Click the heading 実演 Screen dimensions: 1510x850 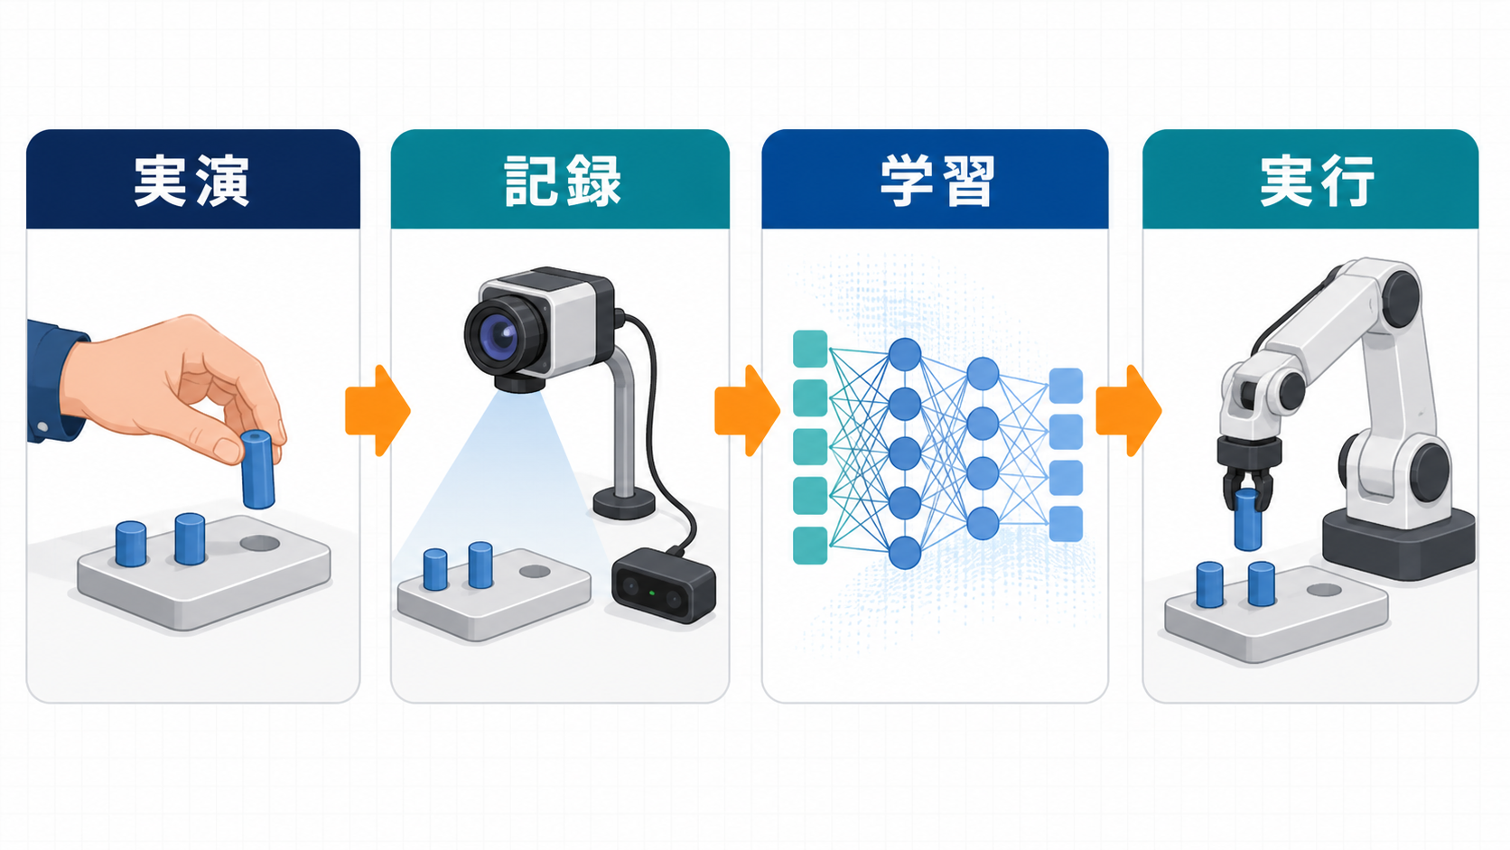coord(191,181)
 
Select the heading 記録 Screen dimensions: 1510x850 coord(563,181)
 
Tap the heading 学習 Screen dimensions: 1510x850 coord(937,181)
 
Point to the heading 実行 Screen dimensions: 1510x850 coord(1317,181)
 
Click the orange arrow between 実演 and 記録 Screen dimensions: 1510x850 coord(377,410)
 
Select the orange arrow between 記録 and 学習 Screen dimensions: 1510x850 coord(747,410)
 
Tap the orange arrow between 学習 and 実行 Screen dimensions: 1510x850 coord(1129,410)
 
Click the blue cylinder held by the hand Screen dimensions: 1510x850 coord(256,470)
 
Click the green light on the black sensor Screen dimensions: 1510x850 coord(651,593)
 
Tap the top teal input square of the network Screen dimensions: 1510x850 coord(809,349)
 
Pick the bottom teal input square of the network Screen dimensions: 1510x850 coord(809,546)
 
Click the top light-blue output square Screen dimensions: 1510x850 coord(1066,386)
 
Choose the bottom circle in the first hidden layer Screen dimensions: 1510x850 coord(905,553)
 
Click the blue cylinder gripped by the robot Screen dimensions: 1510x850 coord(1247,519)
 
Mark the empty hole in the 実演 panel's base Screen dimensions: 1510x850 coord(259,543)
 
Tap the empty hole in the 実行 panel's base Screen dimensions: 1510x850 coord(1324,591)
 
